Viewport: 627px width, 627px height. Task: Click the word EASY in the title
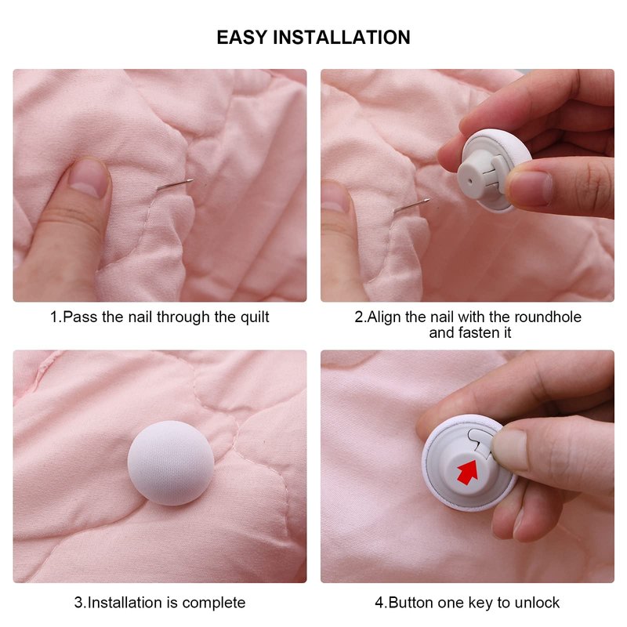[241, 37]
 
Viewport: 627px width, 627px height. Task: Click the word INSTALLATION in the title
[342, 37]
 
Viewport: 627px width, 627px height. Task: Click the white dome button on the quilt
[171, 463]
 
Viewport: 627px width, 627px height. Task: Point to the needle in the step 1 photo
[174, 185]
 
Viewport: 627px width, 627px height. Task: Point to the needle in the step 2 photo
[412, 205]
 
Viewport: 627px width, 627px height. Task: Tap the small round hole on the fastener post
[469, 180]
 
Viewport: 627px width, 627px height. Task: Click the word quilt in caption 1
[254, 317]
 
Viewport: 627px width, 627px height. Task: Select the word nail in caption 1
[141, 317]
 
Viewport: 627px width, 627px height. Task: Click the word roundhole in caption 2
[547, 317]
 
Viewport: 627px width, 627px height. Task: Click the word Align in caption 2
[384, 317]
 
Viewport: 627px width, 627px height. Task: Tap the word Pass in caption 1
[80, 317]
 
